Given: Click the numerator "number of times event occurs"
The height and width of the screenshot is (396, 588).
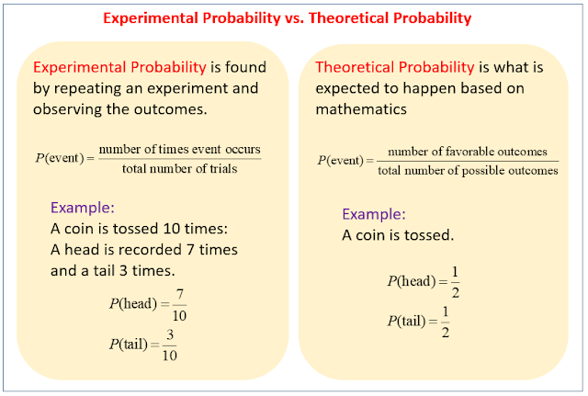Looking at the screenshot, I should click(179, 149).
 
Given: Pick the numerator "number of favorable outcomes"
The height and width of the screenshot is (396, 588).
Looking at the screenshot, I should click(468, 151).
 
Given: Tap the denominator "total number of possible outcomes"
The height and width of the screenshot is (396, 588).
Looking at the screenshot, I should click(468, 170).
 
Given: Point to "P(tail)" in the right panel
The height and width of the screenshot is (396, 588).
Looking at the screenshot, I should click(408, 321).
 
